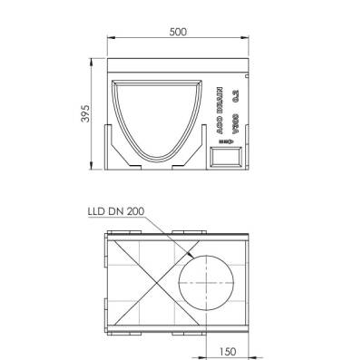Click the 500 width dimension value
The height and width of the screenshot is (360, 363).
pyautogui.click(x=178, y=32)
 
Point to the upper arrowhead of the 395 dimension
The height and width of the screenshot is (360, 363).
pyautogui.click(x=95, y=58)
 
